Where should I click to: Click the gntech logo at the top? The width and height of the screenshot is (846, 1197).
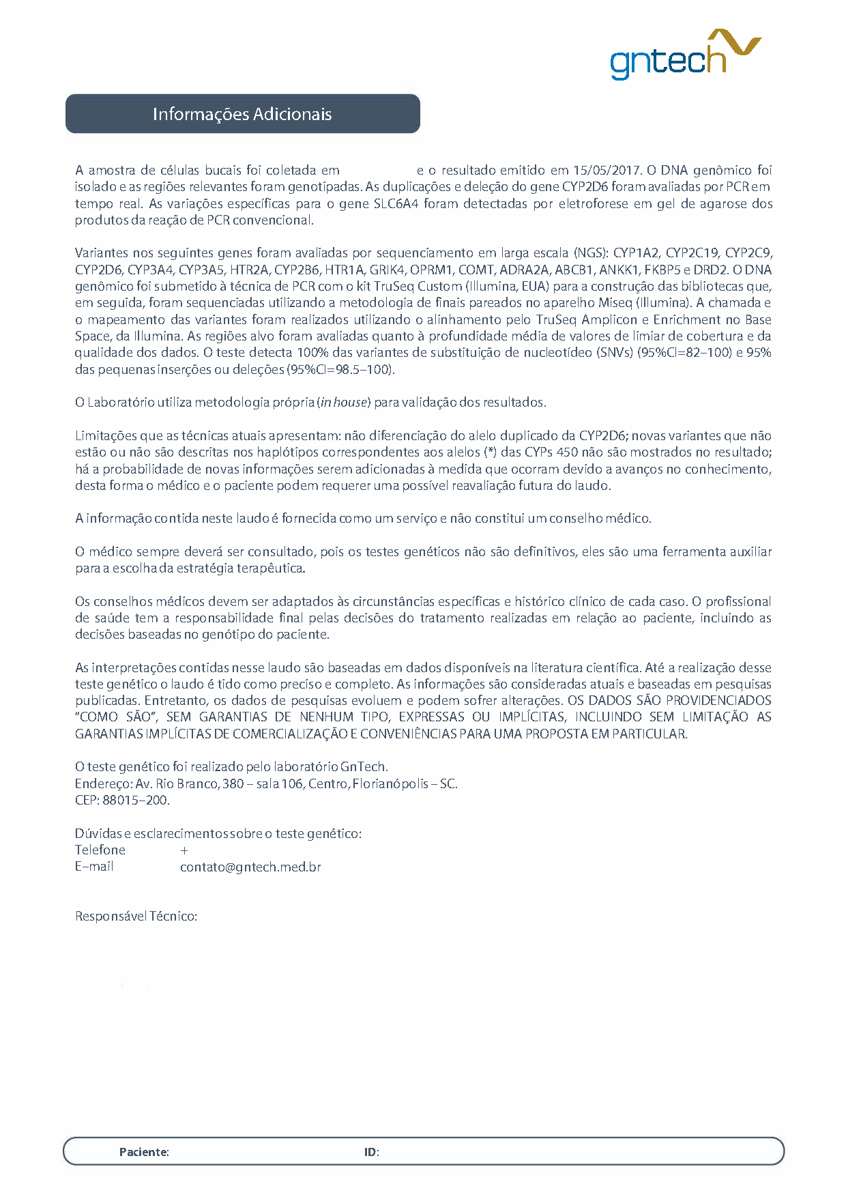[x=684, y=55]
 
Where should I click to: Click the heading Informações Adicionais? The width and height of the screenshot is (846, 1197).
[x=242, y=114]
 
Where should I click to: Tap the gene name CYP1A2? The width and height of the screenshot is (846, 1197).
[x=636, y=253]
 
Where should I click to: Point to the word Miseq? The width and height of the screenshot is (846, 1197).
[x=615, y=303]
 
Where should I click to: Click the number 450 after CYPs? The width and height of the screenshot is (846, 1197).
[x=568, y=452]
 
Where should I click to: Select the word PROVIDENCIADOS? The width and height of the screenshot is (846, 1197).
[x=718, y=701]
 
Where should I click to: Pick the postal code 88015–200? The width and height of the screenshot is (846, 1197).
[x=135, y=801]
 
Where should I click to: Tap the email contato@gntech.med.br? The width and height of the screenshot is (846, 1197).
[x=250, y=867]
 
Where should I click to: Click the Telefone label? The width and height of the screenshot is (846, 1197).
[x=100, y=850]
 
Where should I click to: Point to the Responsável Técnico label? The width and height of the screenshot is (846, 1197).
[x=136, y=917]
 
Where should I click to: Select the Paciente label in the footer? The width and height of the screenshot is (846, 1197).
[x=144, y=1152]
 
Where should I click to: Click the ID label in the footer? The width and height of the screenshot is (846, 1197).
[x=371, y=1152]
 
